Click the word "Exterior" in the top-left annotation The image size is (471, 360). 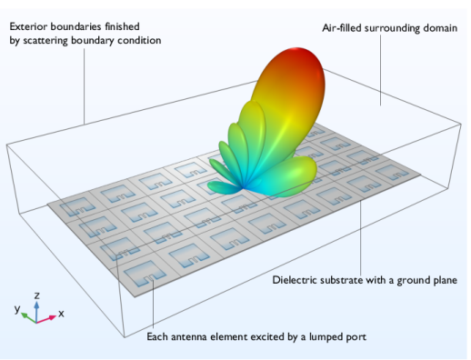[28, 27]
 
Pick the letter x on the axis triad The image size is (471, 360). [61, 313]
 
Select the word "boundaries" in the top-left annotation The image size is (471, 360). [81, 27]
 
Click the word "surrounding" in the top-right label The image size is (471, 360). [396, 28]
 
